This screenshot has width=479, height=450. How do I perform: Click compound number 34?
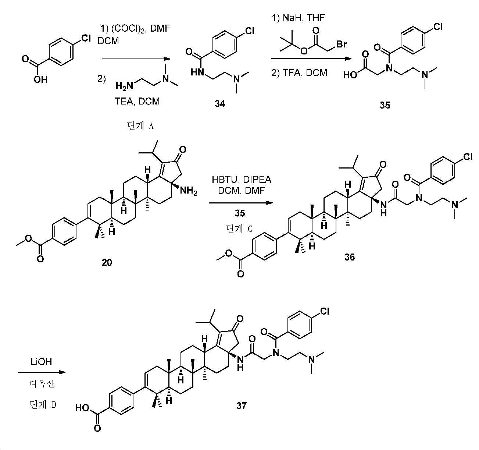click(220, 104)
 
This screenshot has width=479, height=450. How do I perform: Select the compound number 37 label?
click(242, 405)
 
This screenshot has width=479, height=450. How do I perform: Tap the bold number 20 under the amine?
click(107, 262)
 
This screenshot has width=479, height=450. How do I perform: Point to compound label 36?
click(350, 257)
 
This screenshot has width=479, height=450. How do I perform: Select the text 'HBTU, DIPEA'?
click(242, 180)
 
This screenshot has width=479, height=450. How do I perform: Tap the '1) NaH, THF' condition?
click(299, 18)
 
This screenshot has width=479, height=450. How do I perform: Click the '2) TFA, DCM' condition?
click(299, 72)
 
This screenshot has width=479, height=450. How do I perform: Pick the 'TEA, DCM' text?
click(137, 101)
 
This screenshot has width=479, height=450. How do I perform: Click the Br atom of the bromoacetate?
click(341, 44)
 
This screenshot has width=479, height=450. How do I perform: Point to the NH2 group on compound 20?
click(189, 191)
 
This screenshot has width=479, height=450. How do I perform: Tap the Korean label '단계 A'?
click(140, 126)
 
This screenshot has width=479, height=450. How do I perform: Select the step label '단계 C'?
click(239, 228)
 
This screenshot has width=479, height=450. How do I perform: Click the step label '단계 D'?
click(43, 404)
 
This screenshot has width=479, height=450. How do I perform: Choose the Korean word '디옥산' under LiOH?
click(42, 384)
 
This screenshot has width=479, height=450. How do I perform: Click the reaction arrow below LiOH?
click(42, 372)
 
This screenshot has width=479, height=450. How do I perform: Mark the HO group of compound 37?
click(82, 408)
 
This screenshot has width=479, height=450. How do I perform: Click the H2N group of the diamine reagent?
click(124, 86)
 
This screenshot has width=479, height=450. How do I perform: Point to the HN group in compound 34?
click(198, 72)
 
